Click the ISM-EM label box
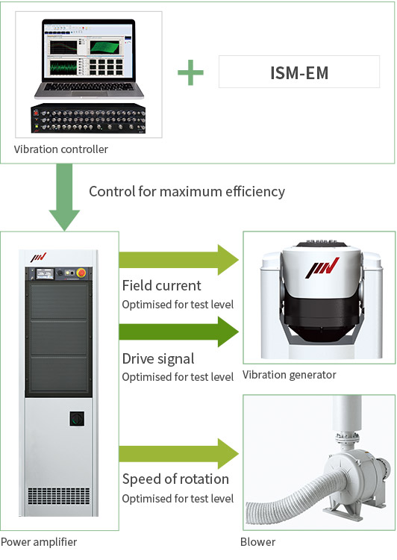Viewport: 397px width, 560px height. pyautogui.click(x=299, y=72)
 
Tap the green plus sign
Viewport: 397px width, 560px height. pyautogui.click(x=190, y=72)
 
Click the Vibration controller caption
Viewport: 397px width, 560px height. pyautogui.click(x=60, y=149)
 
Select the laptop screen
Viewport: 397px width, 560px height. pyautogui.click(x=88, y=50)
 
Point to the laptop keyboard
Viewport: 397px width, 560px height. pyautogui.click(x=89, y=87)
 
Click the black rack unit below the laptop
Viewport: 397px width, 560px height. pyautogui.click(x=88, y=119)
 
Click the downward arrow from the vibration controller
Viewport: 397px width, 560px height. pyautogui.click(x=64, y=197)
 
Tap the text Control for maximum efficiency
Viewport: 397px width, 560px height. pyautogui.click(x=187, y=191)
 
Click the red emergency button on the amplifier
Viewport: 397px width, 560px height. pyautogui.click(x=81, y=273)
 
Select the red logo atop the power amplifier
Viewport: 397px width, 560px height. pyautogui.click(x=39, y=258)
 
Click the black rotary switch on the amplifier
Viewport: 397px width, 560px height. pyautogui.click(x=77, y=419)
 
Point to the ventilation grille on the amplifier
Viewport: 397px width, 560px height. pyautogui.click(x=59, y=496)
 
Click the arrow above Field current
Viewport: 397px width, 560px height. pyautogui.click(x=178, y=260)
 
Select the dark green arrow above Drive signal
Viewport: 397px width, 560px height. pyautogui.click(x=178, y=332)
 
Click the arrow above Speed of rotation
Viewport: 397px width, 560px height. pyautogui.click(x=178, y=453)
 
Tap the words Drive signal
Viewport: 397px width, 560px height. pyautogui.click(x=158, y=358)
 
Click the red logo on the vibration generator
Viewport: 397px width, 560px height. pyautogui.click(x=322, y=268)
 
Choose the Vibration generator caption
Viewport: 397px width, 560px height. pyautogui.click(x=290, y=375)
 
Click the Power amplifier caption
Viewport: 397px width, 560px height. pyautogui.click(x=39, y=542)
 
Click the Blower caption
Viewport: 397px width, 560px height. pyautogui.click(x=257, y=542)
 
